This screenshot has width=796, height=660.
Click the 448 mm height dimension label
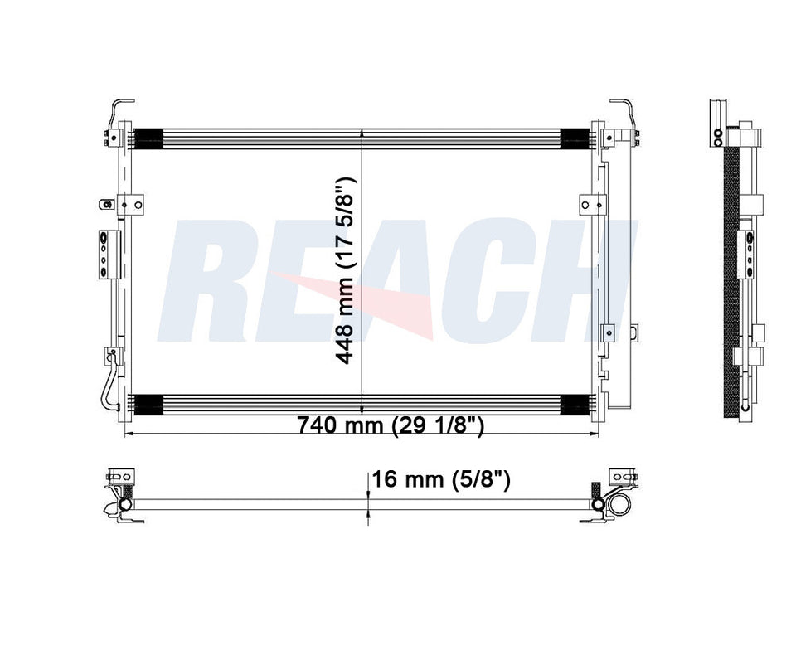click(x=347, y=270)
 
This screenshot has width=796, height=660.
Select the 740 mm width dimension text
click(x=391, y=425)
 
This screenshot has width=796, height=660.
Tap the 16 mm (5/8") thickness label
click(x=439, y=478)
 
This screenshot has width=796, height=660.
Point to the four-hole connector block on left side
click(x=102, y=254)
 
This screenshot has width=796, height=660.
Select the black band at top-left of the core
click(x=148, y=138)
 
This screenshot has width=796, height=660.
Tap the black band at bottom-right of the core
click(x=575, y=404)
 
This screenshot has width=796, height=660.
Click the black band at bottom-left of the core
click(x=148, y=404)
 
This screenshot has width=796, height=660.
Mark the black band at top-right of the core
click(x=575, y=138)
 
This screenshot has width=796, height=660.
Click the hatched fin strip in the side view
click(x=730, y=282)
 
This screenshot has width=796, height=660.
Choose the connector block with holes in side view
click(x=747, y=254)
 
